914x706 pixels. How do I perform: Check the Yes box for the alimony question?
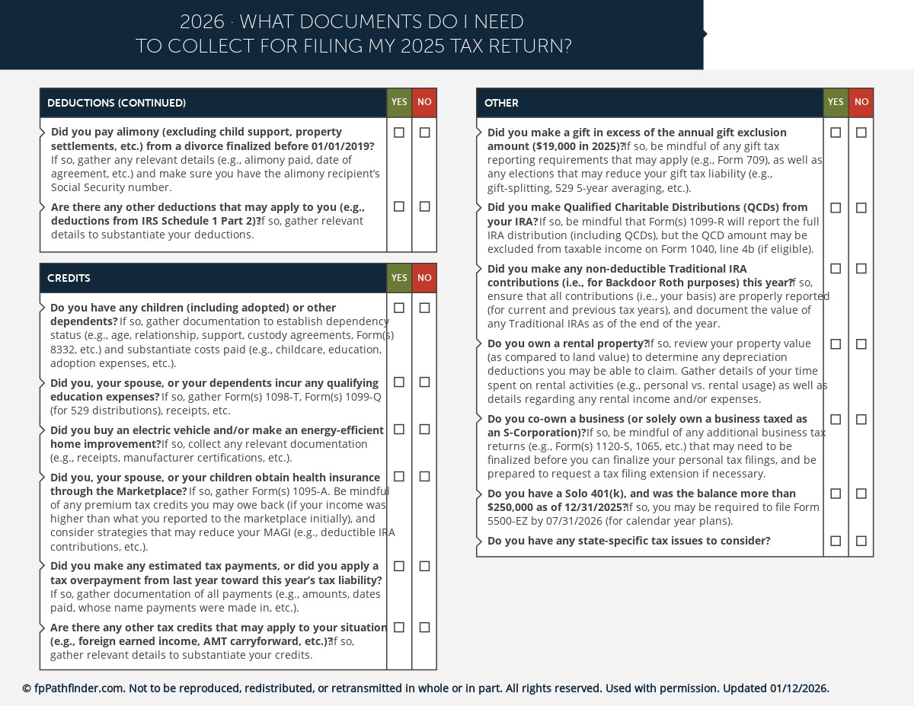click(399, 133)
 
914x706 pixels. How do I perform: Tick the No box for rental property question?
click(861, 344)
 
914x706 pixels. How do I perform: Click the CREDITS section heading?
click(69, 279)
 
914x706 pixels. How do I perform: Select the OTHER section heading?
click(501, 103)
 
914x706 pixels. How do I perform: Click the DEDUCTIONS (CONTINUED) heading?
click(117, 103)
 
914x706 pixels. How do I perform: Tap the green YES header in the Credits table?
click(399, 278)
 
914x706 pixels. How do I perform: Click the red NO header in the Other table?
click(861, 102)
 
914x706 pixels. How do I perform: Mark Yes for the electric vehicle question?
click(399, 430)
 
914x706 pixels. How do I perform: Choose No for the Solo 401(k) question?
click(861, 494)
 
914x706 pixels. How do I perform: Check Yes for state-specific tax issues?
click(836, 541)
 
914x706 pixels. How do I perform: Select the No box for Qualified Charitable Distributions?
click(861, 208)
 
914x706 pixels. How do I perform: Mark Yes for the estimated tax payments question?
click(399, 567)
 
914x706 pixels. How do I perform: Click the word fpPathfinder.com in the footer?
click(78, 688)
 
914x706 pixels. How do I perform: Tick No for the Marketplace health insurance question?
click(424, 477)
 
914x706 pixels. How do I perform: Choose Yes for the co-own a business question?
click(836, 420)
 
